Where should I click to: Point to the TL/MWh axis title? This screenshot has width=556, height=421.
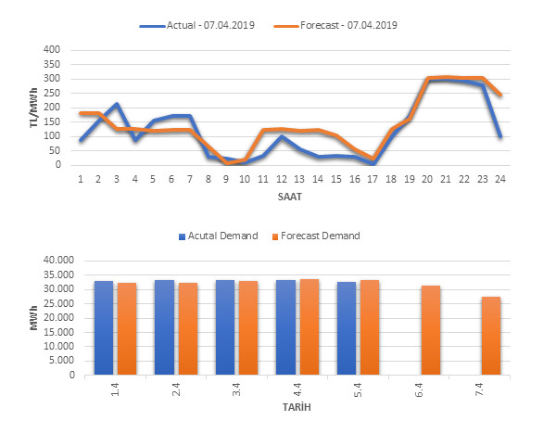tap(34, 107)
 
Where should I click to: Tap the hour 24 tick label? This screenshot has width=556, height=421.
tap(499, 178)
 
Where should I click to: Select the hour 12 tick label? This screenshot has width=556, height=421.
tap(280, 178)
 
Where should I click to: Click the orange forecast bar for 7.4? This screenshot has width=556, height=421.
tap(490, 336)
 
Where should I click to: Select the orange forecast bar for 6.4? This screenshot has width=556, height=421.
tap(431, 330)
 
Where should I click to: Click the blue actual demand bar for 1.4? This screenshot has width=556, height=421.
tap(104, 327)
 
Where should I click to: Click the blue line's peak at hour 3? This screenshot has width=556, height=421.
tap(116, 104)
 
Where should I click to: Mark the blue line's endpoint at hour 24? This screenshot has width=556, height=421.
tap(499, 136)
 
